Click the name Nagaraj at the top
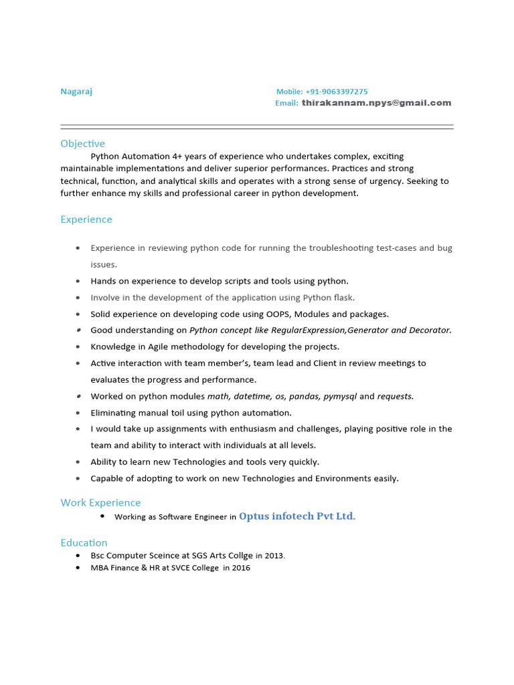(x=76, y=92)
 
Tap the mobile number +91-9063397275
(x=337, y=92)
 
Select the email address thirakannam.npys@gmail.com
(x=376, y=103)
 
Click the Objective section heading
(x=82, y=144)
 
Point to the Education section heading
(x=84, y=543)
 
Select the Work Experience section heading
(x=100, y=502)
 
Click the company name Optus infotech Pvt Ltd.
(x=297, y=516)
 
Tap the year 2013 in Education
(x=274, y=556)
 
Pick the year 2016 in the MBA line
(x=241, y=568)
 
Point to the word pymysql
(x=340, y=396)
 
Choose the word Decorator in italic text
(x=428, y=330)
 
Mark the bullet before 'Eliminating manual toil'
(x=78, y=413)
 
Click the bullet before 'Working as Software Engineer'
(x=102, y=516)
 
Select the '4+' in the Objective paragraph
(x=170, y=156)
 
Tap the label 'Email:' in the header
(x=286, y=103)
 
